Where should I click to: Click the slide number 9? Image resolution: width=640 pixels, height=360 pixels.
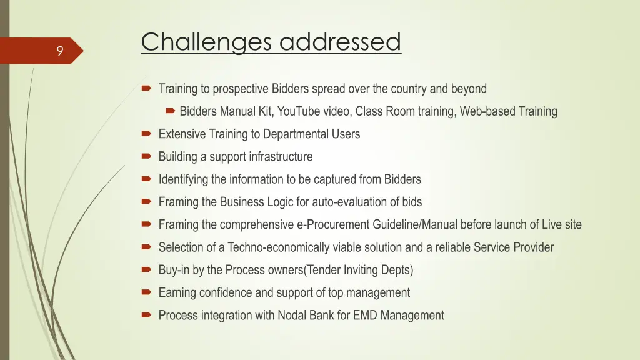(59, 52)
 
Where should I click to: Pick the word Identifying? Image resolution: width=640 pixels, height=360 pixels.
(183, 180)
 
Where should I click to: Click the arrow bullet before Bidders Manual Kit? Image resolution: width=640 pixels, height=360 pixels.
(169, 111)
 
